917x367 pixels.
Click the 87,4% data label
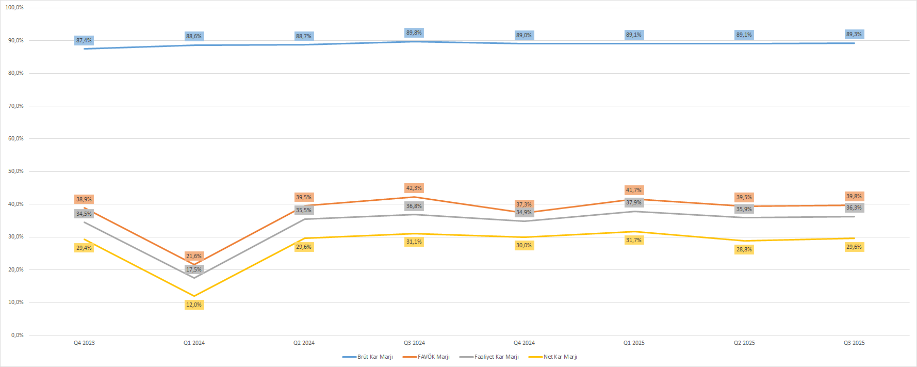[x=84, y=40]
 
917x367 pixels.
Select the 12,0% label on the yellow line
[x=194, y=305]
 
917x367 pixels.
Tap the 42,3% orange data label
[x=414, y=188]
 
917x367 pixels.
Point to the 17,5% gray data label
[x=194, y=269]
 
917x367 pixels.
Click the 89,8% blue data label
[x=414, y=33]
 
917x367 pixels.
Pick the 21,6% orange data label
[x=194, y=256]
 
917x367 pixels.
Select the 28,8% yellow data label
[x=744, y=249]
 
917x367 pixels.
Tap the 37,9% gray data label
[x=634, y=202]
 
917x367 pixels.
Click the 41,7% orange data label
[x=634, y=190]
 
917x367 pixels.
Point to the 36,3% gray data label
[x=854, y=208]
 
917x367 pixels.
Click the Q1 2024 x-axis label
[x=194, y=343]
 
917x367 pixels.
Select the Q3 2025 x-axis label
[x=854, y=343]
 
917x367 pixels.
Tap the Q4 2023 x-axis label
[x=84, y=343]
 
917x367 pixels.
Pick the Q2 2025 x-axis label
[x=744, y=343]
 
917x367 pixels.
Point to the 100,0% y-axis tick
[x=14, y=8]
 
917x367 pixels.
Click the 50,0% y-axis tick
[x=16, y=171]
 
